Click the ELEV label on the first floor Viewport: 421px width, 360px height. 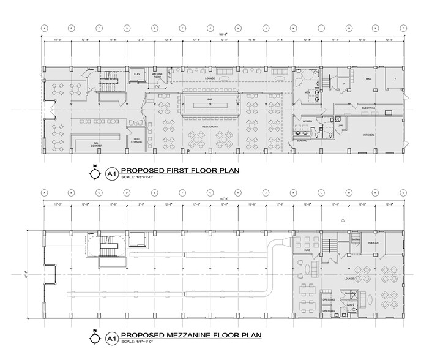pos(136,73)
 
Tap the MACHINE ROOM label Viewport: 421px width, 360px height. pos(157,74)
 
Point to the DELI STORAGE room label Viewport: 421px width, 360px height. pos(138,140)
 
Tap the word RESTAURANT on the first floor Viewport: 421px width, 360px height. pos(210,126)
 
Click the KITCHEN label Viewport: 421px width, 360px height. pos(368,134)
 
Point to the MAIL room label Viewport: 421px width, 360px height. pos(368,78)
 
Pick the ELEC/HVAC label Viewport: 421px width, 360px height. pos(368,108)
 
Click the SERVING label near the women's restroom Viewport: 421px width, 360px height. pos(302,140)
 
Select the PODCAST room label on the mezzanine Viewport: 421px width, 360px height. pos(374,242)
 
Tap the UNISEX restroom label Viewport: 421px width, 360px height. pos(351,304)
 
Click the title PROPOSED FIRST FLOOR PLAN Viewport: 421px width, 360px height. pos(179,171)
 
